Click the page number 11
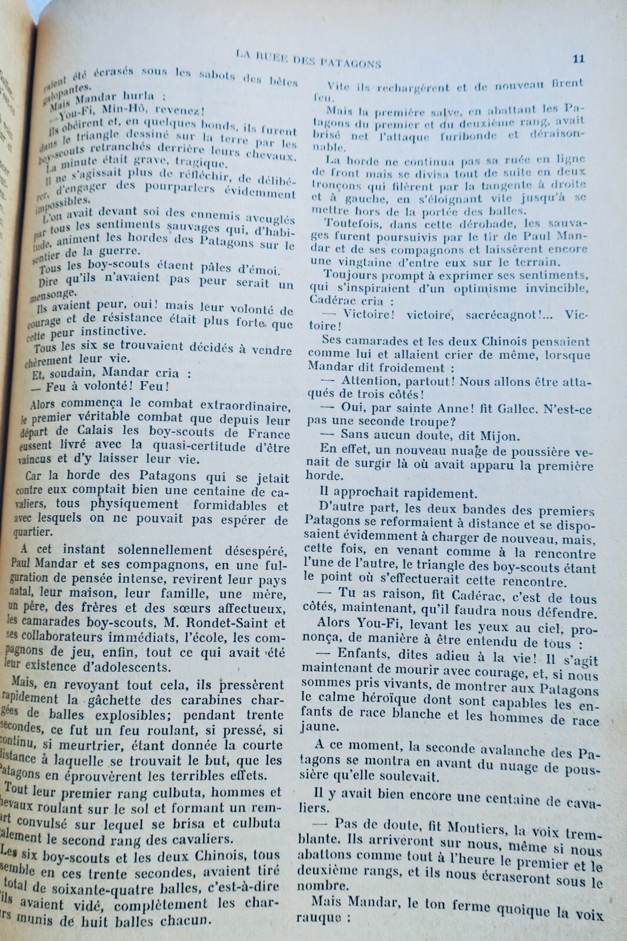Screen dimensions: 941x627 (x=578, y=58)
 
